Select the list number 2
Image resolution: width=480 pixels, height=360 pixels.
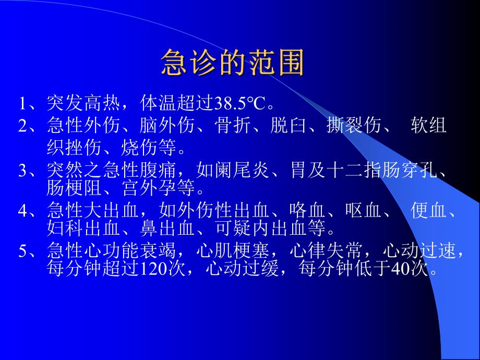(23, 126)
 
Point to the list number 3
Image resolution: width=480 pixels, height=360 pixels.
(23, 171)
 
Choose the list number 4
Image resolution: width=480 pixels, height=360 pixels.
(23, 211)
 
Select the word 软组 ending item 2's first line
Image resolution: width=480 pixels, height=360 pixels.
(429, 126)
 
